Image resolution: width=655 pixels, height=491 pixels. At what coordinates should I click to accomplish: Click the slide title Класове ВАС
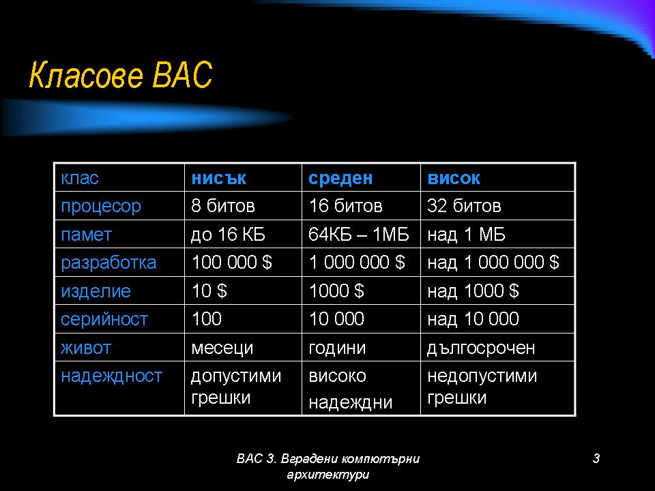point(120,75)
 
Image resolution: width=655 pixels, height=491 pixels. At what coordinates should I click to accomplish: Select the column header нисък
point(218,178)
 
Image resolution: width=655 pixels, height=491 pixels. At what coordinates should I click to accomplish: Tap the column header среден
point(340,178)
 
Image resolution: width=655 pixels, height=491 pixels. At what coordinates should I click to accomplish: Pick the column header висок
point(454,178)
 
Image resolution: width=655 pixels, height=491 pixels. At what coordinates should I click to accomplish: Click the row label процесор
point(101,207)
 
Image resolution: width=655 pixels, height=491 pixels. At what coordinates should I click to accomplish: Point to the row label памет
point(86,235)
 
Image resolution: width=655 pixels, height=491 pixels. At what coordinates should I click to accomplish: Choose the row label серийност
point(104,319)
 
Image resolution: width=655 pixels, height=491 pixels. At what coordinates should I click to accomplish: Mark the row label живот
point(86,348)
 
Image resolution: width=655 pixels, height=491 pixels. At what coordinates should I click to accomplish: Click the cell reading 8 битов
point(223,206)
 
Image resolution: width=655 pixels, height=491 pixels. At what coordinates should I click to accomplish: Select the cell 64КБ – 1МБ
point(359,234)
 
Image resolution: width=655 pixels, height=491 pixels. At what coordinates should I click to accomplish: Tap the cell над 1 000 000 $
point(493,263)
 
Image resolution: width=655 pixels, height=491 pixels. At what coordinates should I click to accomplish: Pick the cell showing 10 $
point(209,291)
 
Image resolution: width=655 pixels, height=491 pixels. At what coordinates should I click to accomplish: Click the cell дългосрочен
point(481,348)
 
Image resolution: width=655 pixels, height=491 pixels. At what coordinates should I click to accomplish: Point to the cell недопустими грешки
point(482,387)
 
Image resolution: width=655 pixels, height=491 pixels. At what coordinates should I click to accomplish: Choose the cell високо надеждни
point(351,389)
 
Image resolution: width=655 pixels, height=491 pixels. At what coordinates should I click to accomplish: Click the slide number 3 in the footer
point(596,458)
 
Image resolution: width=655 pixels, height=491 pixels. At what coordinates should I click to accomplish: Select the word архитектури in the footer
point(328,475)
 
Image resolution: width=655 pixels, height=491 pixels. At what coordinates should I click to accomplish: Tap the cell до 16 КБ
point(228,234)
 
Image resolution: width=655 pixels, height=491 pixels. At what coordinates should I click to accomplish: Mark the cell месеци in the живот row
point(222,348)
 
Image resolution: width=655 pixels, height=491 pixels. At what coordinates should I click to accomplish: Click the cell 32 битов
point(464,206)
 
